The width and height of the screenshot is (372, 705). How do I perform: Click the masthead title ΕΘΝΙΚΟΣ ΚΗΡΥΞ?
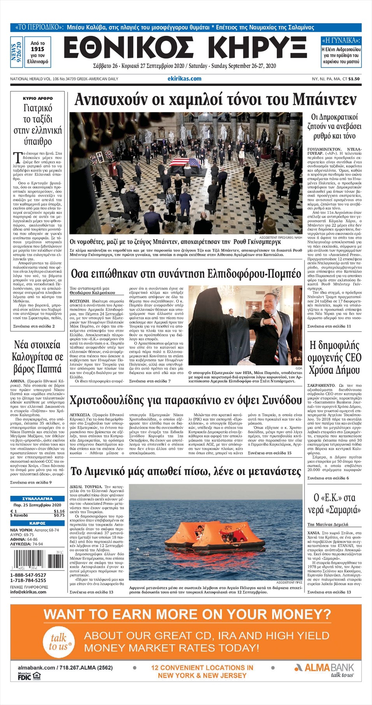point(185,48)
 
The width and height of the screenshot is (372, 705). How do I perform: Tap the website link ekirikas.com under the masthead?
point(184,79)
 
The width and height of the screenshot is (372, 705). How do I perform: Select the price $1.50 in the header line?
point(354,79)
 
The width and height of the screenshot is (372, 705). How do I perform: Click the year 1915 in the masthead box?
point(37,49)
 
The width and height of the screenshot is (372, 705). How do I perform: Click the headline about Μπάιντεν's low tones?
point(215,100)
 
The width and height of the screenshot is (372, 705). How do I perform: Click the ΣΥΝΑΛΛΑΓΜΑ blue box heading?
point(37,499)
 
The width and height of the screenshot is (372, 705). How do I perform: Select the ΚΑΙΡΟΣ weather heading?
point(37,523)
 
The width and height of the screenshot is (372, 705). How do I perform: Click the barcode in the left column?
point(37,560)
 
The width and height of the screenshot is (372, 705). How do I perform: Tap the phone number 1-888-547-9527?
point(28,575)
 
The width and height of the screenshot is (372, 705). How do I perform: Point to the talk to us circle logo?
point(60,642)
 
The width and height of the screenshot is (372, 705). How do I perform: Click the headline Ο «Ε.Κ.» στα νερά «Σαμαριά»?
point(334,504)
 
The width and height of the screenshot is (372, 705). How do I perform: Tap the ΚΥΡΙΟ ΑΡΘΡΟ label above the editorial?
point(38,98)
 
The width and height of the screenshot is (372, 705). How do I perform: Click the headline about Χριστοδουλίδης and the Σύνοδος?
point(186,400)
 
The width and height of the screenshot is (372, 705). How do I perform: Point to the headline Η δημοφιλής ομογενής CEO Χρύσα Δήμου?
point(334,357)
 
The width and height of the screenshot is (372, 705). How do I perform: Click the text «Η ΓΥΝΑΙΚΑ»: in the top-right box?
point(341,40)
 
